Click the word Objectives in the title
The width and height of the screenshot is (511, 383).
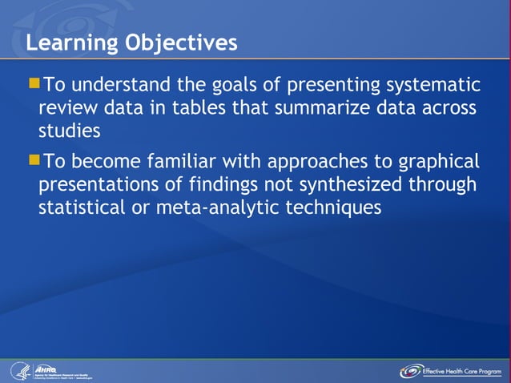click(181, 42)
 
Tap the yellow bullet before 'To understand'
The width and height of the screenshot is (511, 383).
click(33, 83)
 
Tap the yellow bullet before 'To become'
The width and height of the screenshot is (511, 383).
click(33, 160)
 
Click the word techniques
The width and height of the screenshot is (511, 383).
click(337, 208)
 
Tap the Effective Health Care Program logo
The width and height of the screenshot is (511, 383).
click(453, 371)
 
